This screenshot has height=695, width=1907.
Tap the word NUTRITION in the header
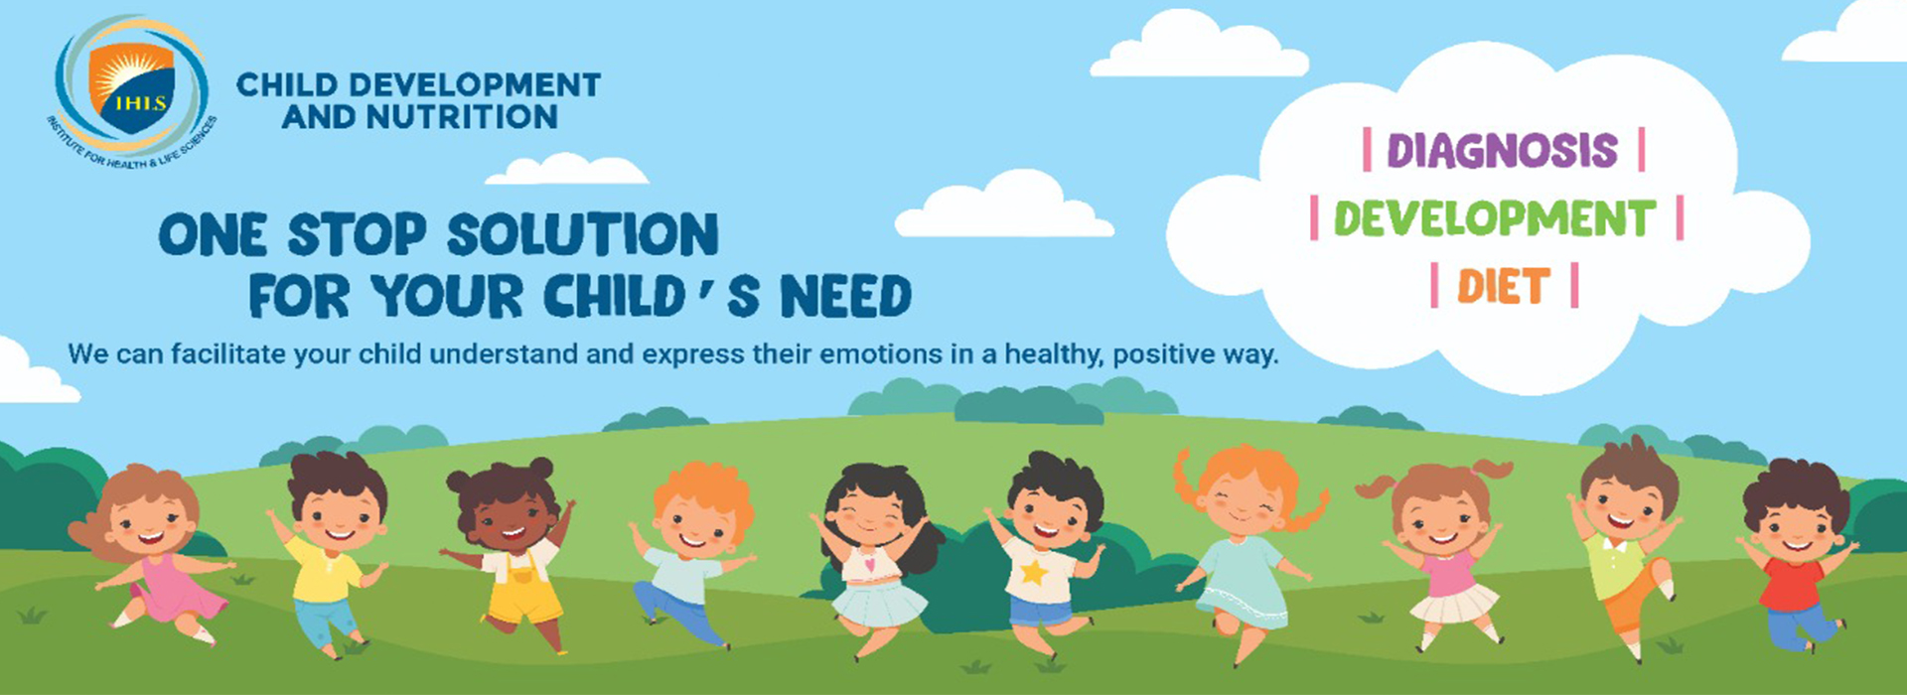coord(463,117)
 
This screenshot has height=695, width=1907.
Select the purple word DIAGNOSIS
coord(1503,151)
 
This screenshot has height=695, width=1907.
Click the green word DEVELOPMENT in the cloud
coord(1495,218)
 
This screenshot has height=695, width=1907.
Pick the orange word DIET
coord(1504,287)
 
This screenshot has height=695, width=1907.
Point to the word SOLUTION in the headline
coord(582,236)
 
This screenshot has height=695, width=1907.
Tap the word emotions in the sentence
coord(880,354)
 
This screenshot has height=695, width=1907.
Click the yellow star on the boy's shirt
coord(1034,572)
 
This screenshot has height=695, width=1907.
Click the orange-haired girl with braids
coord(1246,551)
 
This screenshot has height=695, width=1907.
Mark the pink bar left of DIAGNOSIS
coord(1368,150)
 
